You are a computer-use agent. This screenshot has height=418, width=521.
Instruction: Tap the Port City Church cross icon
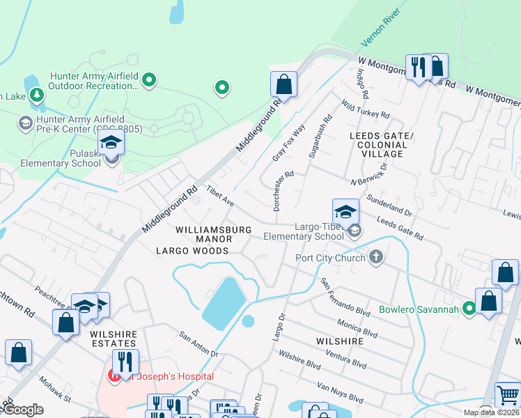pyautogui.click(x=376, y=258)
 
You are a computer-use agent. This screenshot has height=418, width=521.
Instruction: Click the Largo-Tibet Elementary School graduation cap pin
pyautogui.click(x=345, y=212)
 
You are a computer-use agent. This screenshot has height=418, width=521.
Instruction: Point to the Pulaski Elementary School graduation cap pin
pyautogui.click(x=111, y=144)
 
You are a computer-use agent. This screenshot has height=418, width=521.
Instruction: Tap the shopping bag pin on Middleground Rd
pyautogui.click(x=283, y=85)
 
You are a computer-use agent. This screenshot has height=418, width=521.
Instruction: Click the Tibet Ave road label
pyautogui.click(x=219, y=200)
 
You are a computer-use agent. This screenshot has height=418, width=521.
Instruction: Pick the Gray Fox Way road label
pyautogui.click(x=289, y=144)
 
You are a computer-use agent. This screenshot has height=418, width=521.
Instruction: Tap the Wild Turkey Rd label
pyautogui.click(x=365, y=108)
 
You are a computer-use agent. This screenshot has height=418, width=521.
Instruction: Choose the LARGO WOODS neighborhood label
pyautogui.click(x=192, y=251)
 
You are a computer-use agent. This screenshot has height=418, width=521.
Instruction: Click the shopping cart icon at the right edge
pyautogui.click(x=508, y=395)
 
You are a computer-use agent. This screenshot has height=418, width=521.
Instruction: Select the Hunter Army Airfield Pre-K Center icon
pyautogui.click(x=26, y=123)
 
